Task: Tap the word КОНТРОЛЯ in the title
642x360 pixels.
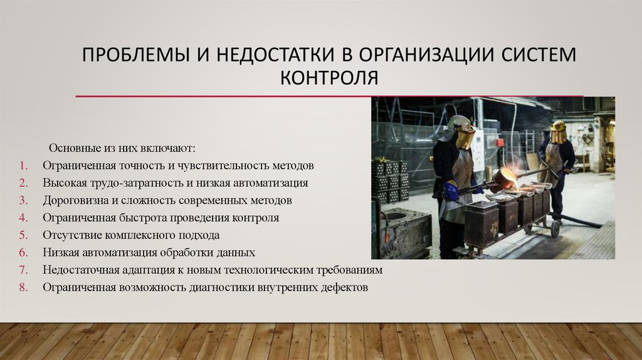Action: click(329, 78)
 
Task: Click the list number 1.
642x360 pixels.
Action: click(21, 166)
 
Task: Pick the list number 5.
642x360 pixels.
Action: click(21, 236)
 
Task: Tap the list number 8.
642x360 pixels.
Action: click(21, 287)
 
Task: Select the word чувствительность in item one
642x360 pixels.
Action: click(230, 166)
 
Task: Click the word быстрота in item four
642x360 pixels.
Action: click(141, 218)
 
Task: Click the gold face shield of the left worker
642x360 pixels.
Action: click(465, 136)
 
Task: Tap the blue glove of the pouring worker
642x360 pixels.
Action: click(451, 190)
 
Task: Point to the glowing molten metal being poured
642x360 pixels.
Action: click(510, 179)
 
